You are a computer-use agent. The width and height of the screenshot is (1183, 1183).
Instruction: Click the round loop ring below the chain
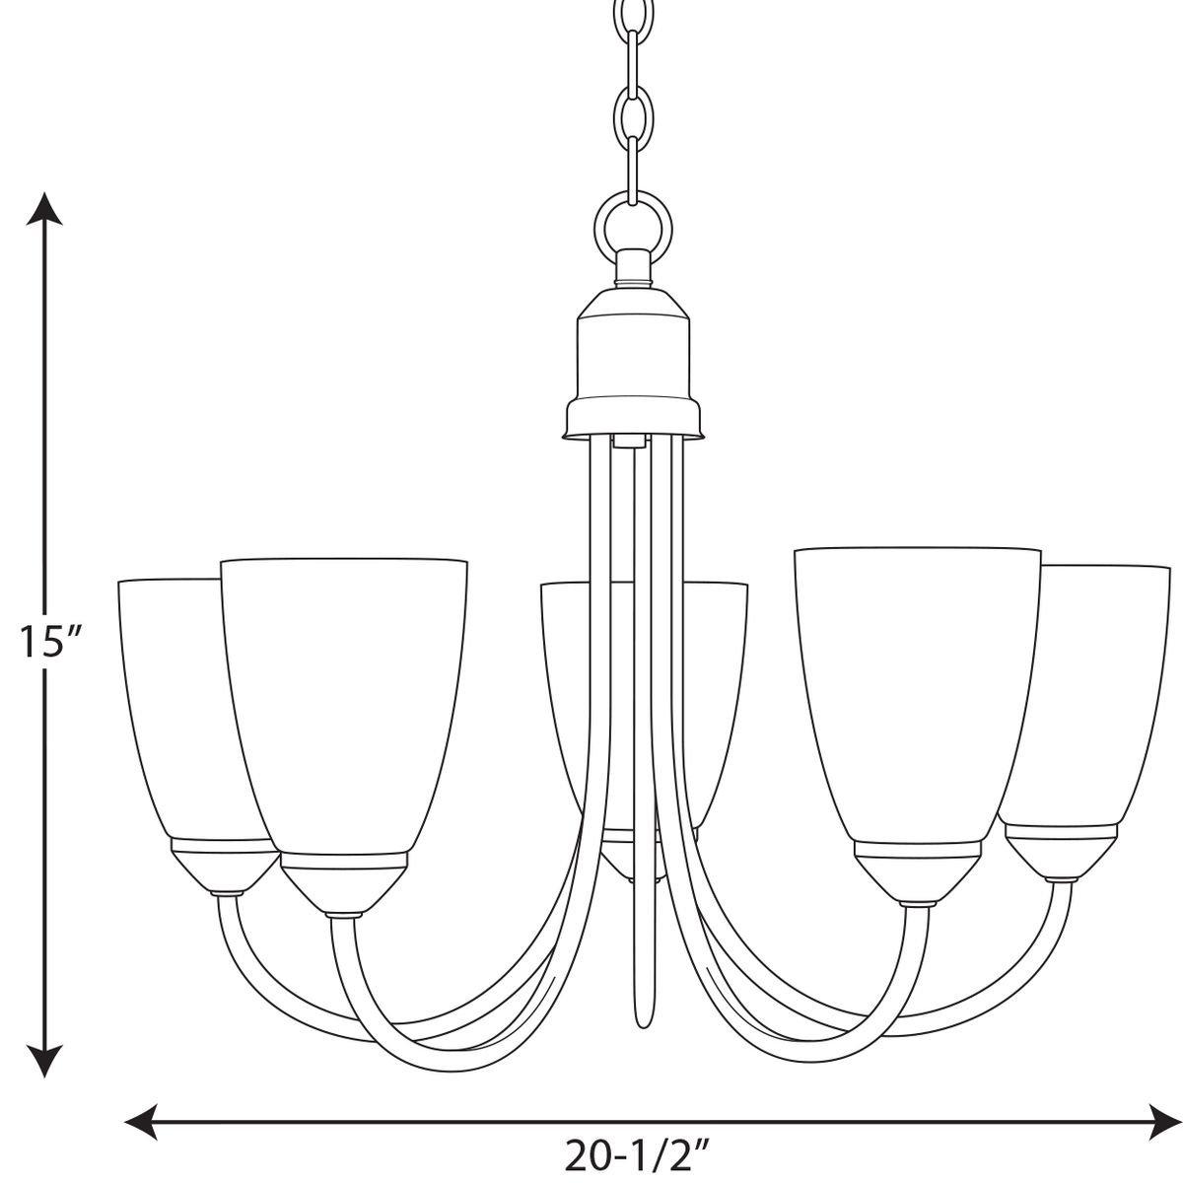pos(631,217)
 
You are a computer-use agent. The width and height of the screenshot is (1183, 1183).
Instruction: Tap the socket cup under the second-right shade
pos(919,872)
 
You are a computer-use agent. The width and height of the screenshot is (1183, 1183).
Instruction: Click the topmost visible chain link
pos(631,20)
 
